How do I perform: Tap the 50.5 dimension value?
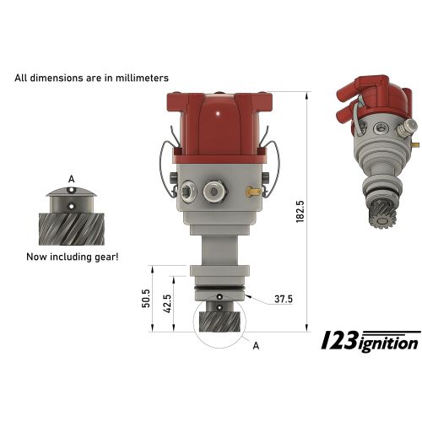coord(147,299)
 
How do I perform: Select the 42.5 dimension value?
coord(168,302)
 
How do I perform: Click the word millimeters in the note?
coord(138,78)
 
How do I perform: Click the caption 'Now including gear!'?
coord(72,256)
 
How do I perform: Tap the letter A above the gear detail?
coord(71,180)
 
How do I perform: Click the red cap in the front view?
coord(219,127)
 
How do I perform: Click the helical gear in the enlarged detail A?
coord(71,227)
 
